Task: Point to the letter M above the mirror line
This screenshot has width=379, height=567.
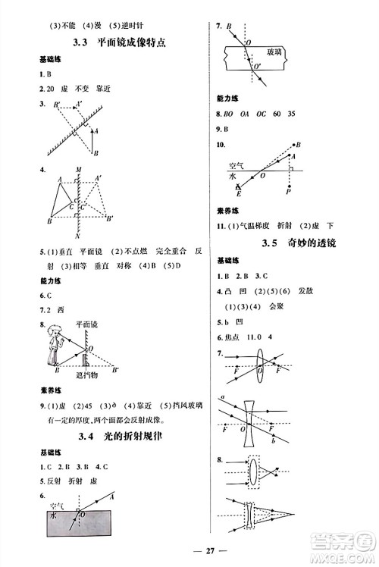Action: pos(78,170)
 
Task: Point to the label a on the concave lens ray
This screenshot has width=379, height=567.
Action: pos(221,396)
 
